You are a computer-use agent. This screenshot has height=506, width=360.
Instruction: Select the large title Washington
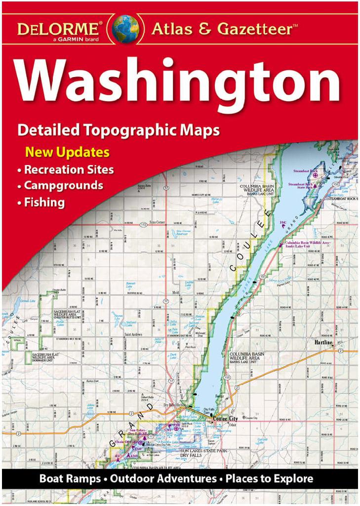click(178, 82)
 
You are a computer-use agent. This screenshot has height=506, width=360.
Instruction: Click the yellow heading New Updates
click(67, 151)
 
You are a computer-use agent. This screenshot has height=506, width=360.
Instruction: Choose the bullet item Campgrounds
click(63, 186)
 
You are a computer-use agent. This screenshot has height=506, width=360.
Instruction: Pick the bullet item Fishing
click(44, 202)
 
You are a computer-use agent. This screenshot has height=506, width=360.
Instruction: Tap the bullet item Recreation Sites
click(69, 169)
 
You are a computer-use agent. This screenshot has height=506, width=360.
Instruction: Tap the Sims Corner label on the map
click(157, 223)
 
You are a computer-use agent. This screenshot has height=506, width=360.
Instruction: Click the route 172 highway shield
click(143, 225)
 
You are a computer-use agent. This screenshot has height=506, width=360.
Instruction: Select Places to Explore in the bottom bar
click(270, 478)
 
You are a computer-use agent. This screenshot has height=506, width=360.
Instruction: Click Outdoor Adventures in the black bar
click(163, 478)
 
